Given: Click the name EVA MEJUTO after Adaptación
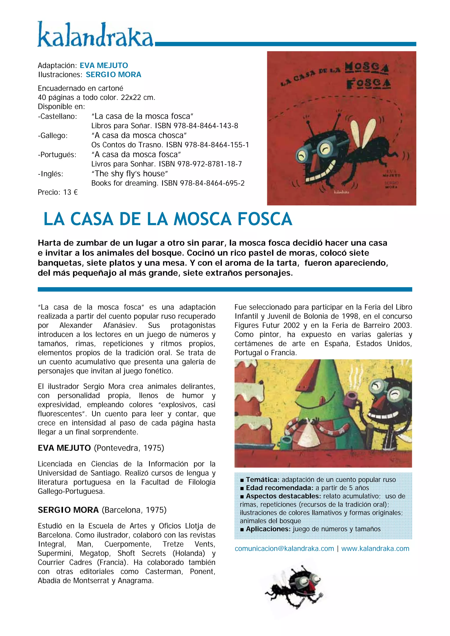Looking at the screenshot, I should coord(104,65).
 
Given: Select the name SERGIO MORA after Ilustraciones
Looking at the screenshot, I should coord(113,75).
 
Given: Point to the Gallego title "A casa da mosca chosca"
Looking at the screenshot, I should coord(139,135).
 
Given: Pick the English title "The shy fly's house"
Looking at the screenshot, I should coord(129,174).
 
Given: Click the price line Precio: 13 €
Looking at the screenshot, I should coord(58,192).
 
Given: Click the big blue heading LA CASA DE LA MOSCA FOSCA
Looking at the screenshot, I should coord(168,219).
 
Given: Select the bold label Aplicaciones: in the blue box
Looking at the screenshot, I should coord(268,529).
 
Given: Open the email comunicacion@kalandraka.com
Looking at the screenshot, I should coord(284,549).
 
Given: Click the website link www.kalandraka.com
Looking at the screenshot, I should coord(375,549).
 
